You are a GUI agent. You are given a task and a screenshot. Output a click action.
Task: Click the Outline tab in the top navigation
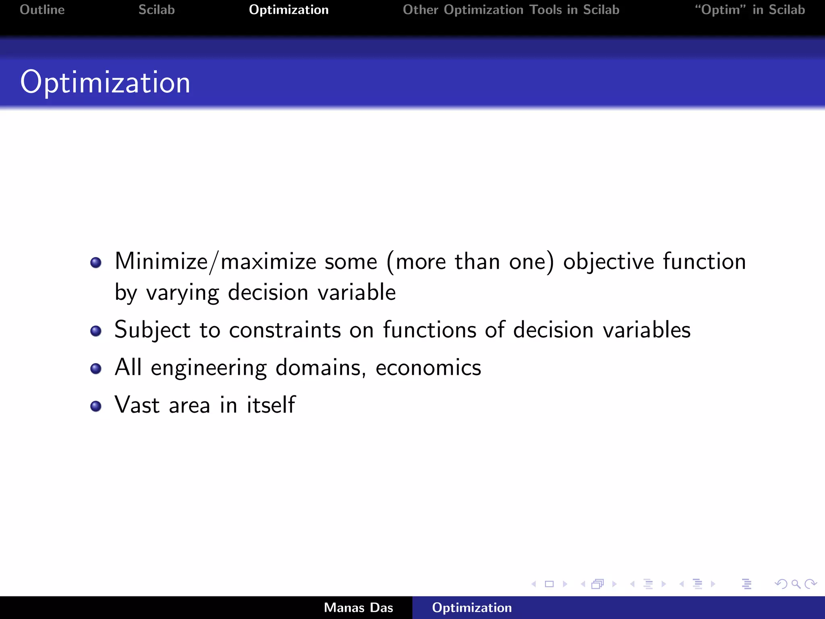[x=42, y=10]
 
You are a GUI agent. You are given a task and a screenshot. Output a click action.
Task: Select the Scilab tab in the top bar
[x=157, y=10]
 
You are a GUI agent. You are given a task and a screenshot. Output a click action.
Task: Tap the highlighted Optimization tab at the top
[x=288, y=10]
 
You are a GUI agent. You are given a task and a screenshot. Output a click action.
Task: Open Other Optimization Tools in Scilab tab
[x=511, y=10]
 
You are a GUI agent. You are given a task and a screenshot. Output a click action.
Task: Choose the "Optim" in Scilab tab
[x=750, y=10]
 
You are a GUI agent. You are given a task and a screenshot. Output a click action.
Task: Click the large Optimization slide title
[x=105, y=82]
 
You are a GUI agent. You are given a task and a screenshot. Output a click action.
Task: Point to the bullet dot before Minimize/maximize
[x=96, y=263]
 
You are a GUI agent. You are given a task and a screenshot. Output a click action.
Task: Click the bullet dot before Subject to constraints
[x=96, y=331]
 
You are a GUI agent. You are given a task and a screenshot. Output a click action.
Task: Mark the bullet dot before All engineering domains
[x=96, y=368]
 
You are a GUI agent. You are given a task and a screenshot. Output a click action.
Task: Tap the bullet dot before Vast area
[x=96, y=406]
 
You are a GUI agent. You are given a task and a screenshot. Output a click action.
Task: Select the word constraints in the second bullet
[x=285, y=330]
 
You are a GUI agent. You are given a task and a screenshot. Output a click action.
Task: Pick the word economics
[x=428, y=368]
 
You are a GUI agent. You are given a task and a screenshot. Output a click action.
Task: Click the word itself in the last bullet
[x=271, y=405]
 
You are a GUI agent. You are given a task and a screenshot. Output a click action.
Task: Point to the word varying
[x=182, y=293]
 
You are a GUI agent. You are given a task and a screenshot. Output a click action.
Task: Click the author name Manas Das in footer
[x=358, y=608]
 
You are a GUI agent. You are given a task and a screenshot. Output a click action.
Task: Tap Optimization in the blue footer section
[x=472, y=608]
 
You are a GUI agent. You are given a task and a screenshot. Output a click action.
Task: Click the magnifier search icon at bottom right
[x=796, y=584]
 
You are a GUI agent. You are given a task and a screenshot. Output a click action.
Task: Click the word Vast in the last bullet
[x=137, y=405]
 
